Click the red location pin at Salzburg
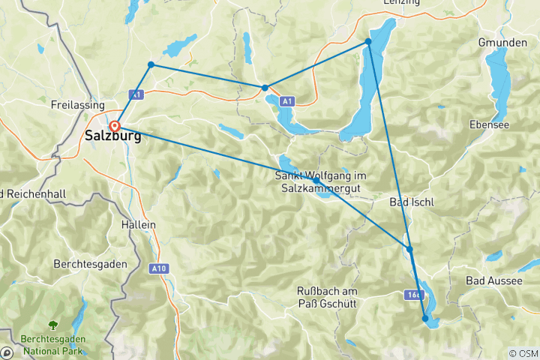pyautogui.click(x=115, y=126)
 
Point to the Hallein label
pyautogui.click(x=137, y=224)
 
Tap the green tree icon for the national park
pyautogui.click(x=52, y=325)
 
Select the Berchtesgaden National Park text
pyautogui.click(x=52, y=343)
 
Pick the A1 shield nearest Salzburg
pyautogui.click(x=135, y=94)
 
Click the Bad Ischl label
pyautogui.click(x=412, y=202)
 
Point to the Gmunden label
pyautogui.click(x=502, y=43)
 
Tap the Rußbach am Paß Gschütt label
pyautogui.click(x=326, y=297)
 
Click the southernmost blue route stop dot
pyautogui.click(x=425, y=319)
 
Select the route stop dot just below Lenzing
pyautogui.click(x=368, y=42)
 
